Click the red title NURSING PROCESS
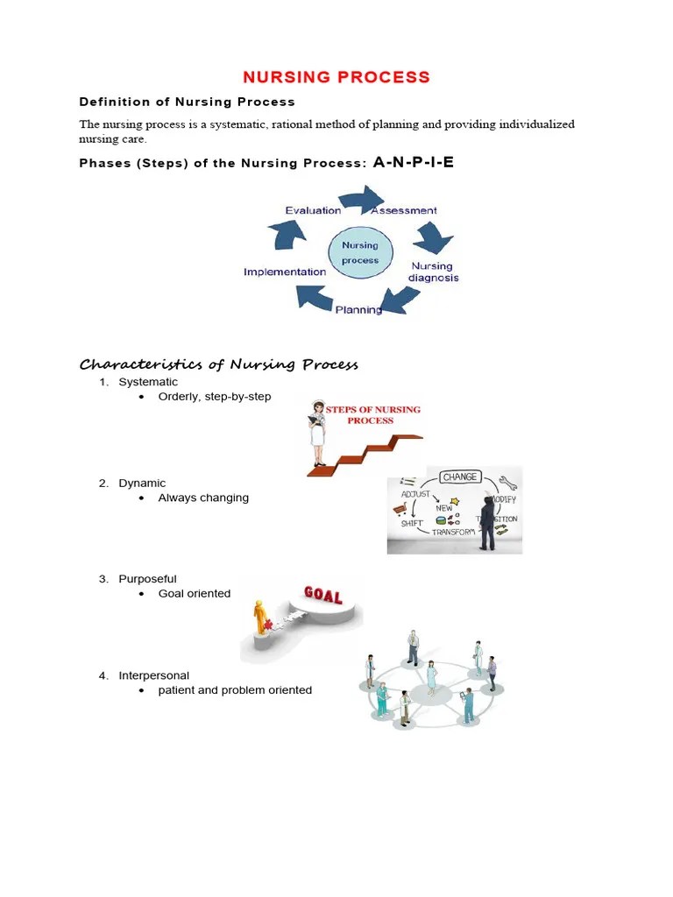[x=336, y=77]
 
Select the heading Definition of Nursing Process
[x=188, y=102]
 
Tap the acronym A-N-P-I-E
[x=413, y=162]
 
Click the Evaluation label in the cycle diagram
[x=313, y=210]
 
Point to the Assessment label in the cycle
[x=404, y=210]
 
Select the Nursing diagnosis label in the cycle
[x=433, y=272]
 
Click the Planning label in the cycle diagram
[x=358, y=309]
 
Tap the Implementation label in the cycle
[x=285, y=272]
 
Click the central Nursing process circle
[x=360, y=252]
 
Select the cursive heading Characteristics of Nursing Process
[x=219, y=364]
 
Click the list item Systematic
[x=148, y=382]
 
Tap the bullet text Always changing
[x=203, y=498]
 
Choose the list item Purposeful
[x=147, y=579]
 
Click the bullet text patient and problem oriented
[x=235, y=690]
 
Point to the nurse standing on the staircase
[x=316, y=434]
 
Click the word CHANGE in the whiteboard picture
[x=460, y=477]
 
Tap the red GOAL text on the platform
[x=322, y=597]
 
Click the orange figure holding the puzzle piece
[x=260, y=618]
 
